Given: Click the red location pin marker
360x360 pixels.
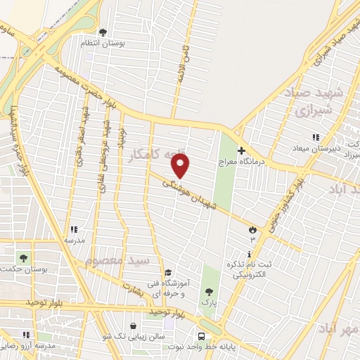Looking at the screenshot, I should [181, 166].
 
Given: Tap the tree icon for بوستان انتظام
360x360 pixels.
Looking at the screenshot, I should [103, 32].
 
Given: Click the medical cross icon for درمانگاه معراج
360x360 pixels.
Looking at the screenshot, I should [241, 150].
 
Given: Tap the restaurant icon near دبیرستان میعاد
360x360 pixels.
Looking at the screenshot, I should [316, 136].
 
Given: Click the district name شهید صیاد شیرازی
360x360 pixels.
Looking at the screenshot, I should [311, 102].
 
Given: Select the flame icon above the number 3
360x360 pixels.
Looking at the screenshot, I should [252, 229].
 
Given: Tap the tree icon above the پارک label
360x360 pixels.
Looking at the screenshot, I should [208, 292].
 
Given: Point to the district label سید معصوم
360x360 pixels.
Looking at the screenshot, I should [117, 261].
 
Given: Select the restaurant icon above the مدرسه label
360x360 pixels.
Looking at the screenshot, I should [72, 229].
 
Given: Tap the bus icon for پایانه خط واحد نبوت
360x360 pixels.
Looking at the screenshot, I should [201, 335].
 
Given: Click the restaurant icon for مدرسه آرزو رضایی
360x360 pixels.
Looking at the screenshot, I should [26, 335].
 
